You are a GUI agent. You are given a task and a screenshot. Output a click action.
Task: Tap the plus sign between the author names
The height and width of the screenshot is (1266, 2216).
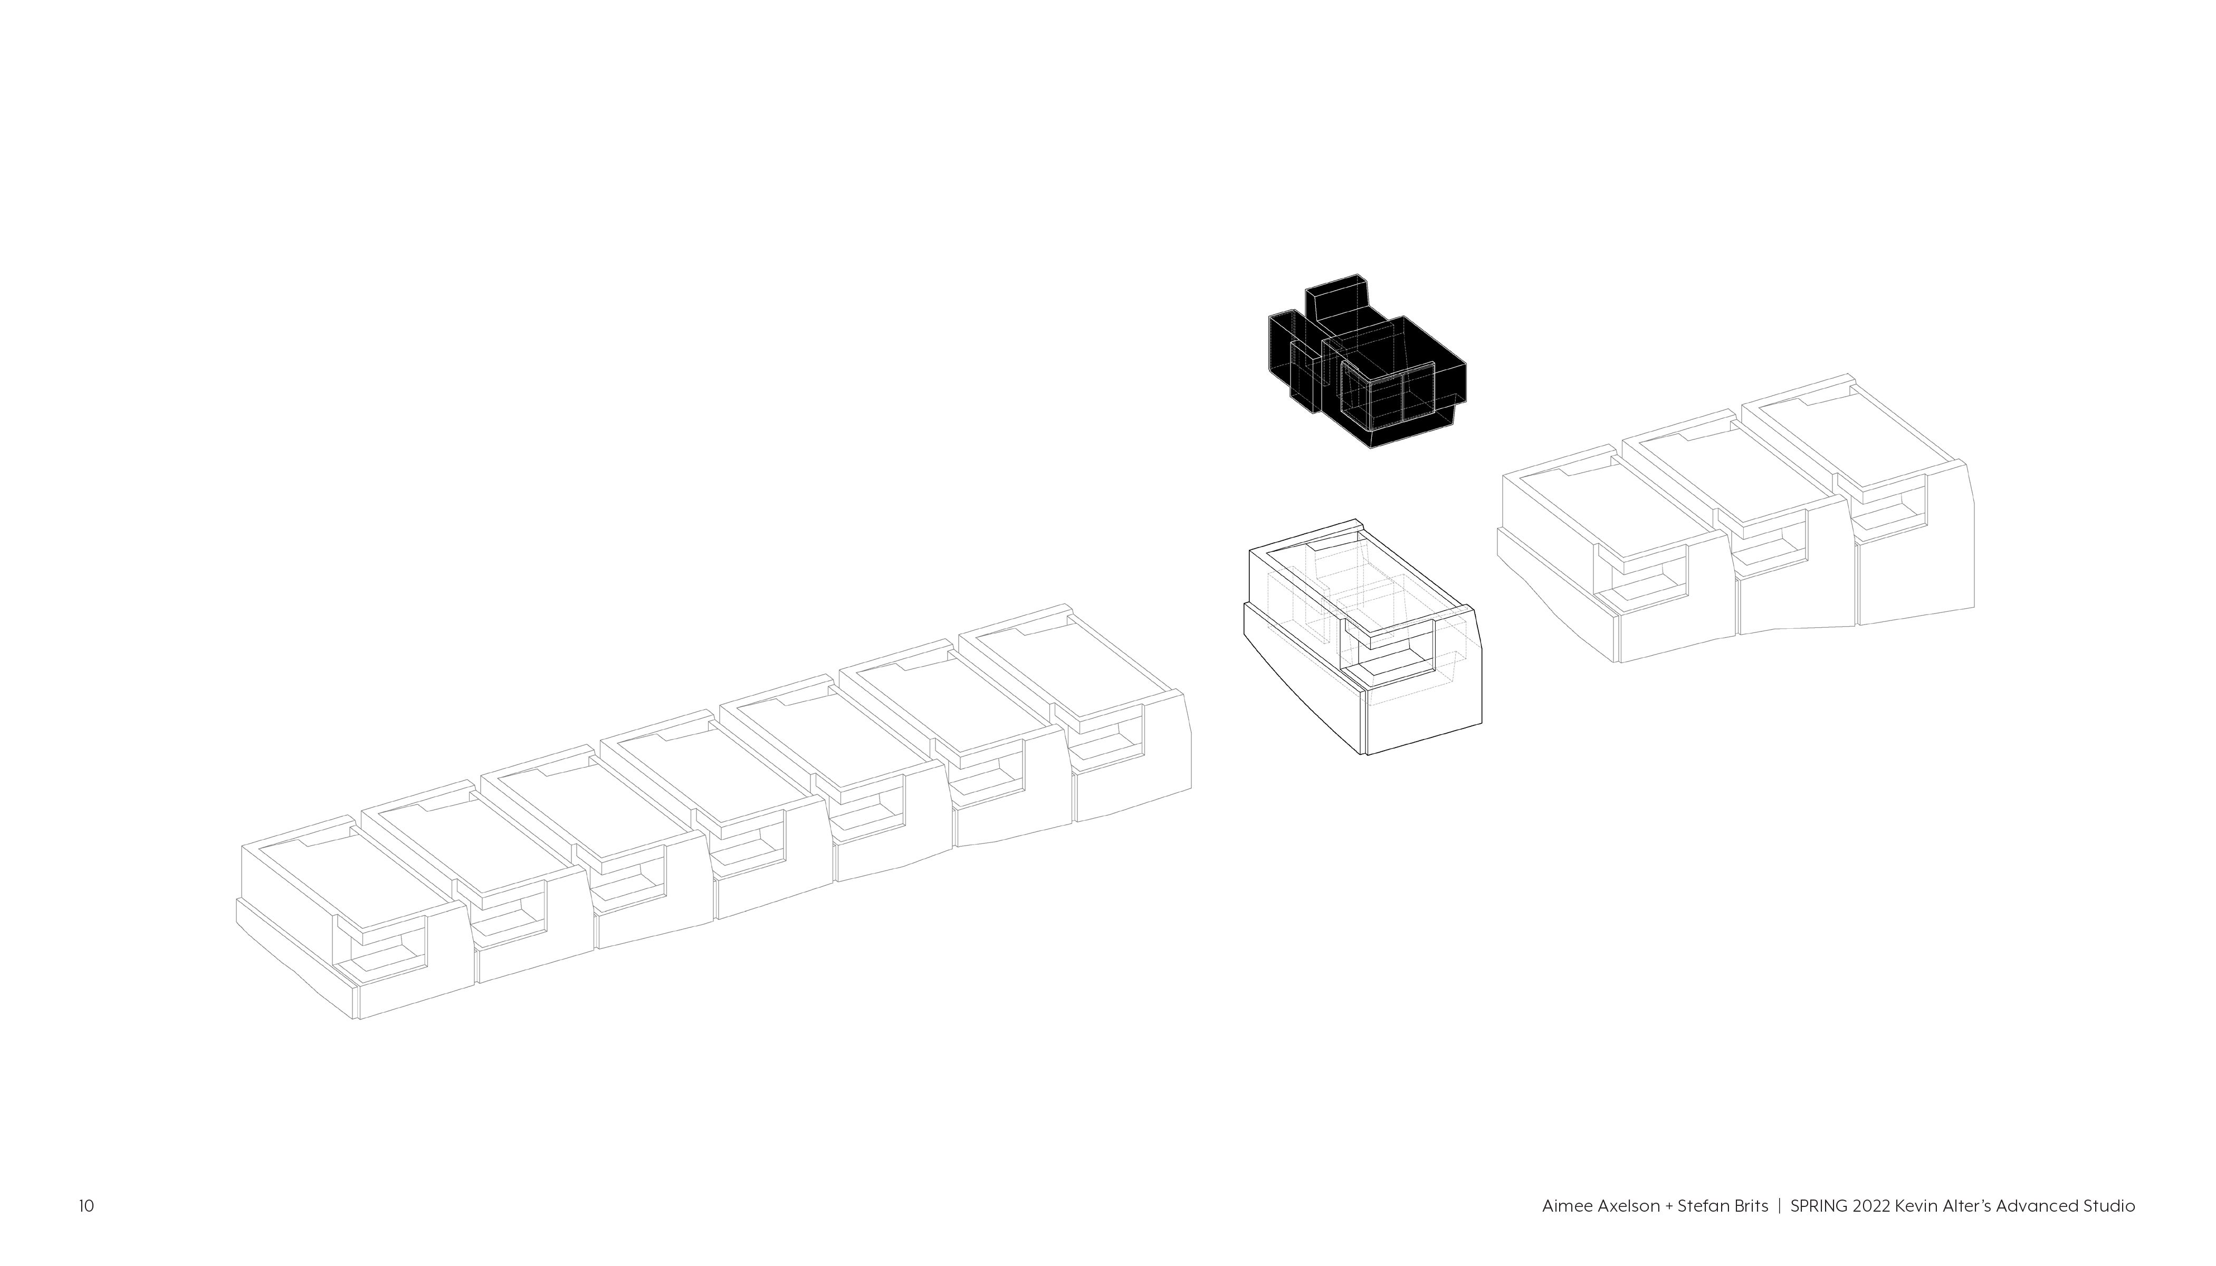pos(1664,1207)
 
